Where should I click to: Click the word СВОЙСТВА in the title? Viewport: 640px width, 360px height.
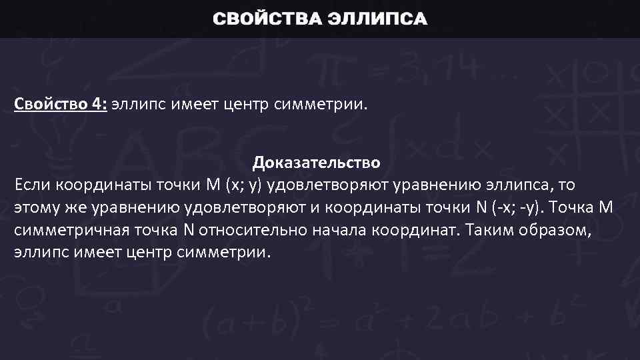(x=266, y=19)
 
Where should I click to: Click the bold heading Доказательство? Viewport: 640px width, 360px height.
(x=317, y=163)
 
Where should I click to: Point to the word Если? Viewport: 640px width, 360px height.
(x=31, y=184)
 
